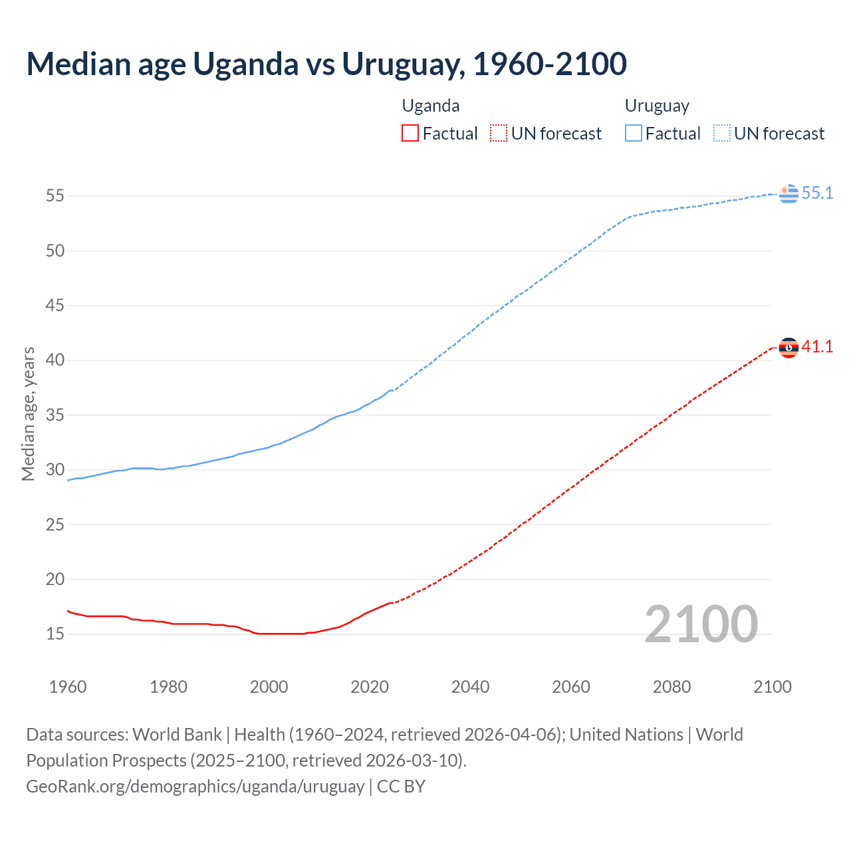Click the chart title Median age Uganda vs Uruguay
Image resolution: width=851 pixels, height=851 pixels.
click(x=326, y=64)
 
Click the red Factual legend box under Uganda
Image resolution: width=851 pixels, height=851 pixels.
click(x=410, y=134)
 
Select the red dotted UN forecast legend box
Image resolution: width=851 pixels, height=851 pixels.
click(x=499, y=134)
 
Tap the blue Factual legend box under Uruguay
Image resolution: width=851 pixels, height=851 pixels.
click(x=634, y=134)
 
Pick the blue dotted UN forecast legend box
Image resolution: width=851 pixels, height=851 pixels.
click(x=722, y=134)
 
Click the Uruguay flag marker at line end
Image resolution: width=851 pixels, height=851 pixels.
click(x=789, y=193)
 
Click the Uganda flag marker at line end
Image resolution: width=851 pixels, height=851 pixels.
click(x=789, y=348)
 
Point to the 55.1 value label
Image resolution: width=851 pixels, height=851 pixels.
click(x=817, y=193)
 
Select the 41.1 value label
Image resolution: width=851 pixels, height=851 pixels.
click(x=817, y=347)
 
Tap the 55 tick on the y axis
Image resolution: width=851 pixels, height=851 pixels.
click(x=55, y=196)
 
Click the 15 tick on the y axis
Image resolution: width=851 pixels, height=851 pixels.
click(x=55, y=634)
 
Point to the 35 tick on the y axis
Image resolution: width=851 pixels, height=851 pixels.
click(x=55, y=416)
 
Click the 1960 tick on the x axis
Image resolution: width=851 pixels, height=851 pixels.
click(x=68, y=687)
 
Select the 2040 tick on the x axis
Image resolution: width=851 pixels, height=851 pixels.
click(x=470, y=687)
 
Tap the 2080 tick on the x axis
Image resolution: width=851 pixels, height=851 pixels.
click(x=671, y=687)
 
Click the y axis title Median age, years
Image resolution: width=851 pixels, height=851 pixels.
click(x=28, y=414)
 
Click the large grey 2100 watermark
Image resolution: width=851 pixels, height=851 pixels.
click(x=701, y=624)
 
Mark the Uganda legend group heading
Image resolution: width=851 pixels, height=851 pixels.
click(x=431, y=106)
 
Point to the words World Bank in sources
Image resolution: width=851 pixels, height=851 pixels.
click(x=177, y=735)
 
